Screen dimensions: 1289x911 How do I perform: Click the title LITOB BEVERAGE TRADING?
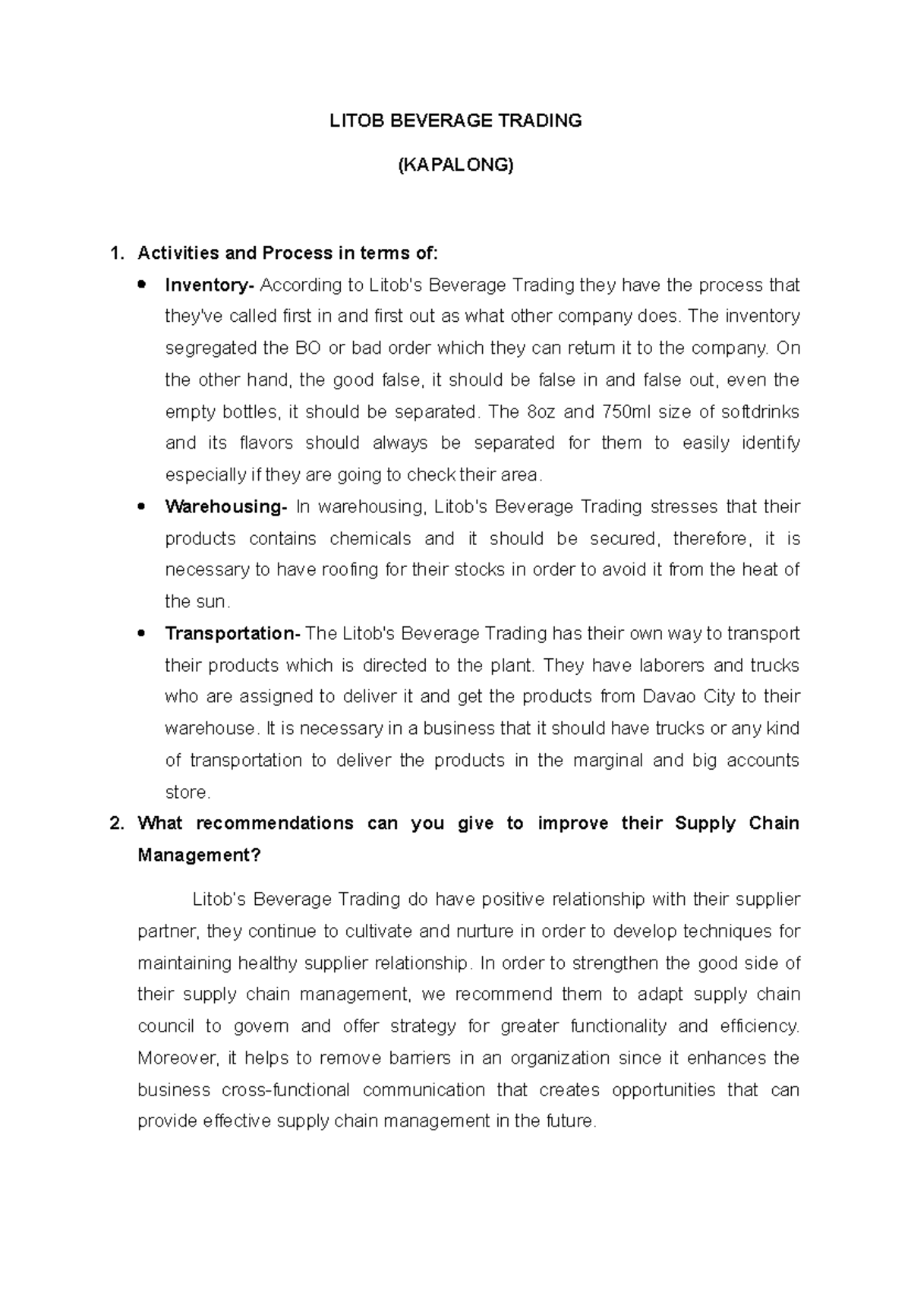click(455, 121)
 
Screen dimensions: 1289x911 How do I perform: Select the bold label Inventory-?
click(210, 285)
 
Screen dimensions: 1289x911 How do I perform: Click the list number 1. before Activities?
click(116, 253)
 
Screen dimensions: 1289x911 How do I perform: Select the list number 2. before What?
click(116, 824)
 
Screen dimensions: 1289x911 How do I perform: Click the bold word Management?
click(199, 856)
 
